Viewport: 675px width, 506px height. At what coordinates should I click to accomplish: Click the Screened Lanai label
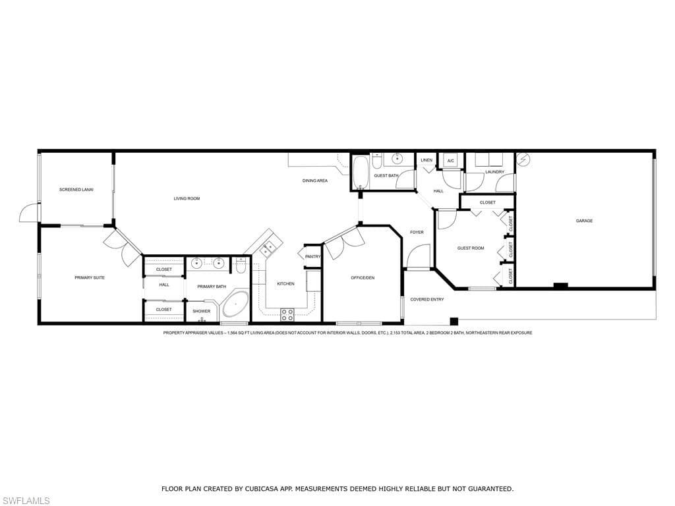[x=76, y=189]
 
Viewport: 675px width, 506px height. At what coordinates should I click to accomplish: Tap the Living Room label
[x=187, y=198]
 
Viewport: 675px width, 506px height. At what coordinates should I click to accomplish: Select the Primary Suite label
[x=90, y=277]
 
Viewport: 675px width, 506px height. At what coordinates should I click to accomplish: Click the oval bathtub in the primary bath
[x=235, y=304]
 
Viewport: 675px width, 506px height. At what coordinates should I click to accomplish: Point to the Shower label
[x=202, y=311]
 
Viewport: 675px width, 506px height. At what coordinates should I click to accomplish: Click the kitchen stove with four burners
[x=287, y=315]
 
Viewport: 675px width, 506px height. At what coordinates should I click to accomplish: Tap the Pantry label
[x=313, y=256]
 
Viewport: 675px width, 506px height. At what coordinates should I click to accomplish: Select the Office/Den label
[x=363, y=278]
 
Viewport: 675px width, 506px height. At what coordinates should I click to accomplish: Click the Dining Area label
[x=314, y=181]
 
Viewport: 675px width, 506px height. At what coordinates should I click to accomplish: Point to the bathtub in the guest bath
[x=361, y=173]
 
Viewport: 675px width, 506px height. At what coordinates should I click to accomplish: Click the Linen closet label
[x=426, y=160]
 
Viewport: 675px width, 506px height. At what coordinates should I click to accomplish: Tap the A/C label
[x=451, y=161]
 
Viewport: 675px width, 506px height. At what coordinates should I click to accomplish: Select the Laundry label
[x=494, y=172]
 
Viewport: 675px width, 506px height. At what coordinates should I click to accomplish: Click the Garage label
[x=584, y=221]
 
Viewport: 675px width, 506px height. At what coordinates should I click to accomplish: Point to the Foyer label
[x=417, y=233]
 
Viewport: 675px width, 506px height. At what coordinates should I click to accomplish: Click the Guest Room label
[x=471, y=248]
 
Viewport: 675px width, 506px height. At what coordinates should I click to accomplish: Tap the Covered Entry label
[x=427, y=300]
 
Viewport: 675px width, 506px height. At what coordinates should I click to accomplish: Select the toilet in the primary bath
[x=241, y=265]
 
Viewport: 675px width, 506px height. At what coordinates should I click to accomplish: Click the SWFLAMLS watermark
[x=25, y=501]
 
